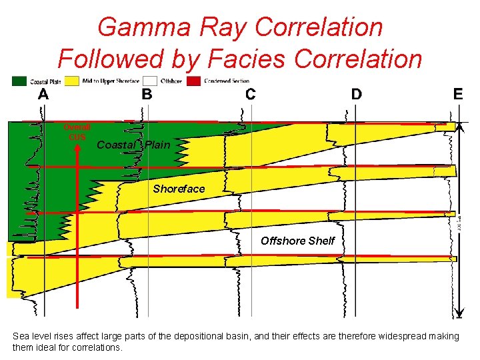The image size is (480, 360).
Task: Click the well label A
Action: pos(43,94)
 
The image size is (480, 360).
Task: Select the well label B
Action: pos(147,94)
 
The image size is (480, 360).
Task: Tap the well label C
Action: pos(250,94)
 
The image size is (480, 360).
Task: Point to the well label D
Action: pos(357,94)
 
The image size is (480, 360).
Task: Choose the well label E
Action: pos(458,94)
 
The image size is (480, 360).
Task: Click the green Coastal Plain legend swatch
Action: pos(19,81)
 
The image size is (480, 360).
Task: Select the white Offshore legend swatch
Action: pos(150,81)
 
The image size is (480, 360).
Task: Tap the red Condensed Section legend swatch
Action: pos(193,81)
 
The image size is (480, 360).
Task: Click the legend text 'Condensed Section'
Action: pos(227,81)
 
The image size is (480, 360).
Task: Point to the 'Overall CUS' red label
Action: pos(77,132)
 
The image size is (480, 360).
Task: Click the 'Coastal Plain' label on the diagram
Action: pos(134,145)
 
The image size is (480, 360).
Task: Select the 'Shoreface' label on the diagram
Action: pos(179,189)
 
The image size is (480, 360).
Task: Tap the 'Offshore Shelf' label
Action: pos(297,241)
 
